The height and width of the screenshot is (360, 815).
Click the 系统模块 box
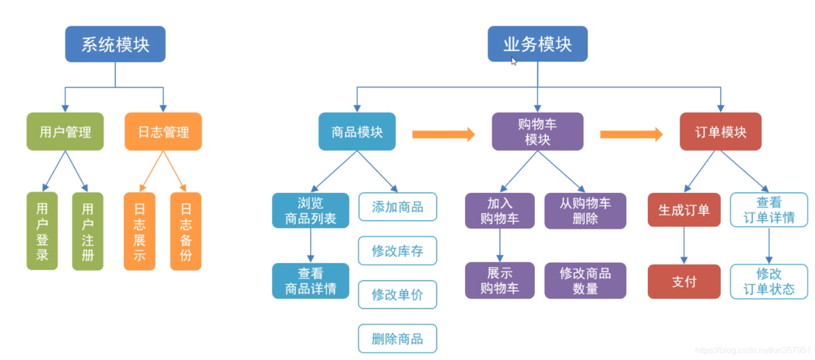click(115, 44)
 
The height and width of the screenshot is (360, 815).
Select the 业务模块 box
click(537, 44)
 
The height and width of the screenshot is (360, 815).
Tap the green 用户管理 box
click(65, 132)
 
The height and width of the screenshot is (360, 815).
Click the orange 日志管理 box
click(163, 132)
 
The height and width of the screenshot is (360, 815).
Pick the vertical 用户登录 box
click(42, 231)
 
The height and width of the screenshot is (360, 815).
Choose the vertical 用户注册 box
click(88, 231)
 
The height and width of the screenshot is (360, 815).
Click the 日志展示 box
click(140, 231)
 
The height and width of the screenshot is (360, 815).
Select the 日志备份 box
click(186, 231)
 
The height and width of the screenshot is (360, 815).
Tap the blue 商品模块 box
click(357, 132)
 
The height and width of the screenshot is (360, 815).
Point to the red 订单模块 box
click(720, 132)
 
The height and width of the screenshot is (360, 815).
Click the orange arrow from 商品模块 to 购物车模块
click(443, 133)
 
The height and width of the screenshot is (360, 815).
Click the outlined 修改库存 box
click(397, 251)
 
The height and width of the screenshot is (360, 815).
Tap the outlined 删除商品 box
click(397, 338)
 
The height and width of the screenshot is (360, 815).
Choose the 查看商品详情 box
click(310, 281)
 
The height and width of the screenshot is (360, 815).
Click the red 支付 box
click(684, 281)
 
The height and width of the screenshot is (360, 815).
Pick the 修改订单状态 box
click(769, 281)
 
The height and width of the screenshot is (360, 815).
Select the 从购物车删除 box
click(585, 210)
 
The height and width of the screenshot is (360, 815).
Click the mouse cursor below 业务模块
click(513, 61)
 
